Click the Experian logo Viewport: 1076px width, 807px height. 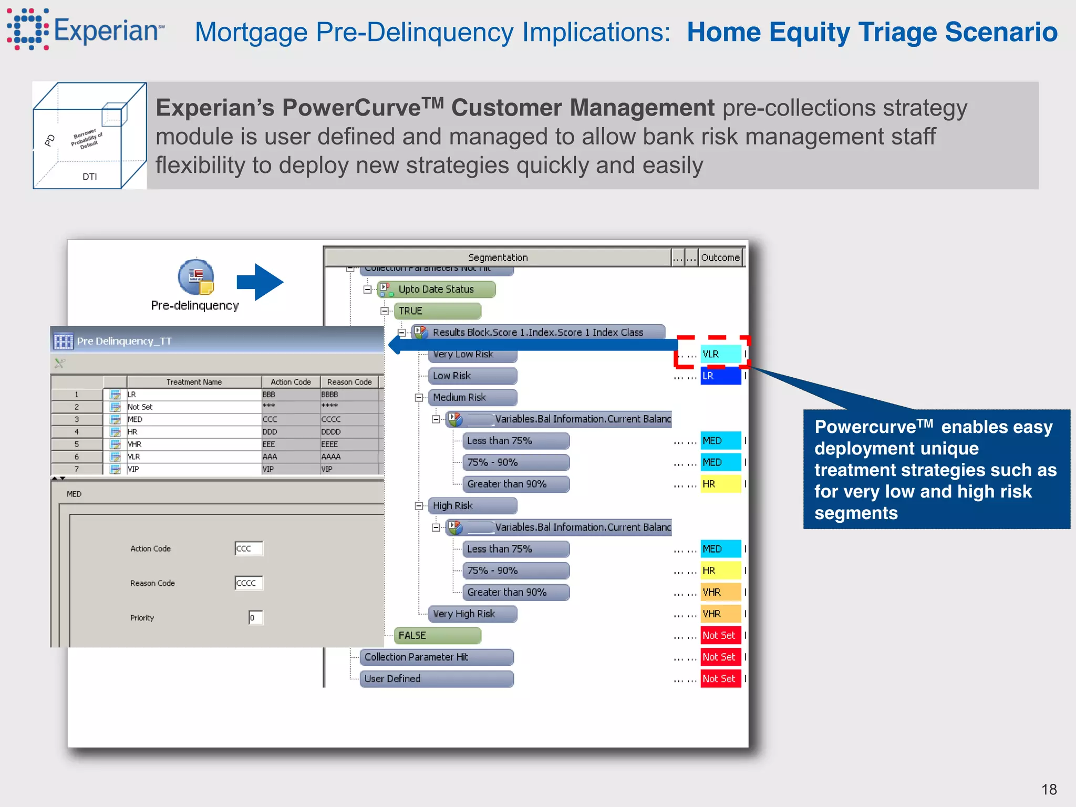click(84, 30)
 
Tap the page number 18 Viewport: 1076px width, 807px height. click(1049, 789)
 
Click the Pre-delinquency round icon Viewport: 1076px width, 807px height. click(195, 277)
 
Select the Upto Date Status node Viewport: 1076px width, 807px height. click(436, 289)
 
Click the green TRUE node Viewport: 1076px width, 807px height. click(437, 311)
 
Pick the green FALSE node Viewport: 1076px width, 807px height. click(437, 636)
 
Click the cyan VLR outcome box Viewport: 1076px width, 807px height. click(720, 354)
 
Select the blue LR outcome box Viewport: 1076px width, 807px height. click(720, 376)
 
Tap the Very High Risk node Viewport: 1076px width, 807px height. click(472, 614)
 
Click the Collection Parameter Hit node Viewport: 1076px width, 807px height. click(436, 657)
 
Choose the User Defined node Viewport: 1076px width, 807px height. click(436, 679)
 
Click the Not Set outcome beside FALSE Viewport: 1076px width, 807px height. click(720, 636)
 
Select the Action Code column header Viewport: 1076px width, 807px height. click(291, 382)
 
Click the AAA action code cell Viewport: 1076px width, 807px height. click(290, 457)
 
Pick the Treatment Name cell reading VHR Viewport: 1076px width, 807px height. click(193, 444)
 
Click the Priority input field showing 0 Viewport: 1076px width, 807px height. click(256, 618)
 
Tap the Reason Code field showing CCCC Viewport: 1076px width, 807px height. click(249, 583)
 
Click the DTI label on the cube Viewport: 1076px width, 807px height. click(90, 177)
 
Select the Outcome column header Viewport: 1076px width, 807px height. click(720, 257)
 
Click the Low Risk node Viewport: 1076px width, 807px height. click(472, 376)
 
